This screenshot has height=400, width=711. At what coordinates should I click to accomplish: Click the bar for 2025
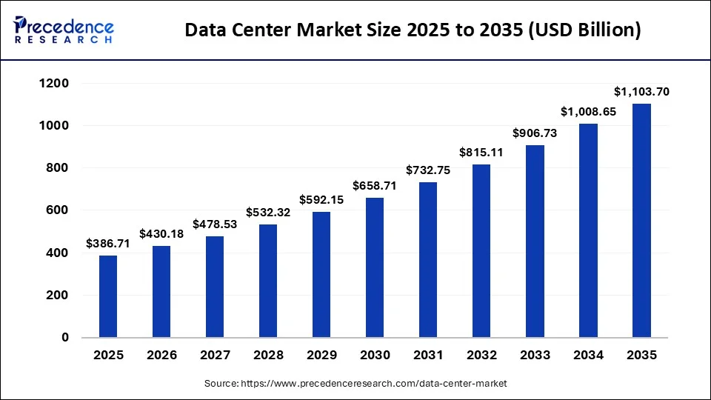coord(108,296)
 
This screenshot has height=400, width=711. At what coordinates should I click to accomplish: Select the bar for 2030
coord(375,267)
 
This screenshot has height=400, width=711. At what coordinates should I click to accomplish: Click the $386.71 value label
coord(108,243)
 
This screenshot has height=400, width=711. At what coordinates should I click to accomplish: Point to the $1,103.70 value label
coord(641,92)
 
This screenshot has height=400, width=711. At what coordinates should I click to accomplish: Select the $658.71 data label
coord(375,185)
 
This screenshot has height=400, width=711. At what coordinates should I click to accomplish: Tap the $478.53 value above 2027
coord(215,224)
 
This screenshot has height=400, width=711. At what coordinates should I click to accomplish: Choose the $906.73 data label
coord(535,133)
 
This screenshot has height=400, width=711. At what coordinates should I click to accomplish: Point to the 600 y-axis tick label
coord(56,210)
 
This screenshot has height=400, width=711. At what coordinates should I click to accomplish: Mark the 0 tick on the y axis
coord(64,338)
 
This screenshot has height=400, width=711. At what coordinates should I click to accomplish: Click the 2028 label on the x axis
coord(268,356)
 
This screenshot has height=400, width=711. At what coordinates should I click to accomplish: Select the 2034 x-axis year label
coord(588,356)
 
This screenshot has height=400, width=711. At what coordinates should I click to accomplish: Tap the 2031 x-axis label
coord(428,356)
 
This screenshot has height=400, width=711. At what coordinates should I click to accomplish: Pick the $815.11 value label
coord(481,153)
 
